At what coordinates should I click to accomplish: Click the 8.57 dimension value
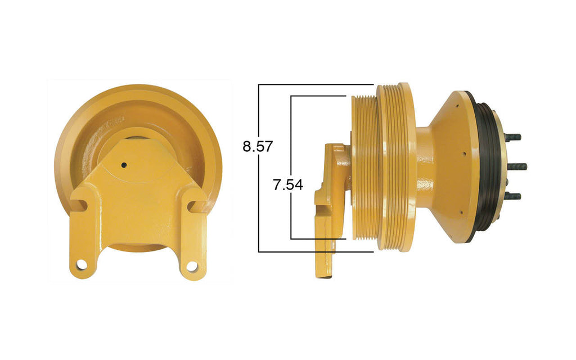257,147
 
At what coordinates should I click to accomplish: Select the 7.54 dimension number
288,185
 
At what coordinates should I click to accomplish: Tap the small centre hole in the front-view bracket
124,165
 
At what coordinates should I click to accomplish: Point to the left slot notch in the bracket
81,206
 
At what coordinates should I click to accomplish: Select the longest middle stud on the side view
517,166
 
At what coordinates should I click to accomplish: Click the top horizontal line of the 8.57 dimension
315,85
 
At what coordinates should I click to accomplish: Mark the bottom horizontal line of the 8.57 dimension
315,251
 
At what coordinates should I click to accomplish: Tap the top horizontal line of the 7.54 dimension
318,96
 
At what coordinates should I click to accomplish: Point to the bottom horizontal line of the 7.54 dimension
318,239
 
